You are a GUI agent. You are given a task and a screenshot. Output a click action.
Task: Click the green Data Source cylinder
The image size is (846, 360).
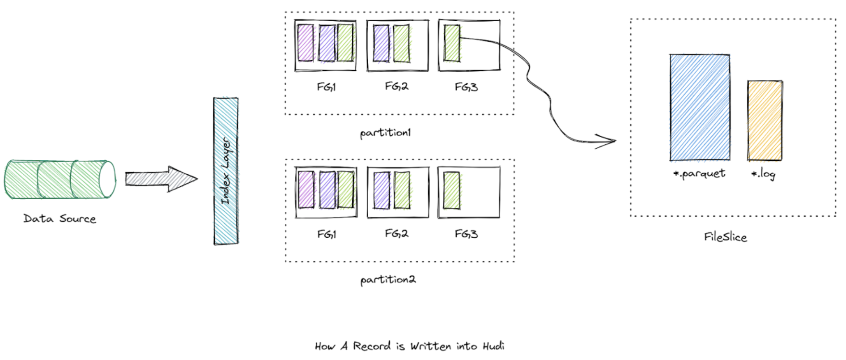(60, 180)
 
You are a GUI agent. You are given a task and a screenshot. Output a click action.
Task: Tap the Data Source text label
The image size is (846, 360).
(60, 219)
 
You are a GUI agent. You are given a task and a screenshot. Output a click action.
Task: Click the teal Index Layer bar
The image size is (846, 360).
(226, 171)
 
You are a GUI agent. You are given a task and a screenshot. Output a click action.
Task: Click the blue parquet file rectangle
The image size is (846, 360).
(700, 107)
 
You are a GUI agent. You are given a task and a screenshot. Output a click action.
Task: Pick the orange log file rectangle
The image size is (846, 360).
(765, 120)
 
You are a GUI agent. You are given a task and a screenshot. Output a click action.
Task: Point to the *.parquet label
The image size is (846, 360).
(699, 174)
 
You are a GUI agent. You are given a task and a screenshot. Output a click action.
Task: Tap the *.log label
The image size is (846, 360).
(763, 174)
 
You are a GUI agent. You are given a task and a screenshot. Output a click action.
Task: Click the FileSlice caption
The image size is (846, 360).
(725, 237)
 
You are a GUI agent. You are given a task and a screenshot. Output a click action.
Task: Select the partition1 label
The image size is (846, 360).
(385, 132)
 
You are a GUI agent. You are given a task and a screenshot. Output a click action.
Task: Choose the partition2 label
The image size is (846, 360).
(388, 280)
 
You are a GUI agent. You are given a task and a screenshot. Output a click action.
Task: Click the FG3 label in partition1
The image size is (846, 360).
(466, 87)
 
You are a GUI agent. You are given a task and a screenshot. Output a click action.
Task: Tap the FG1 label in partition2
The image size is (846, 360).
(326, 234)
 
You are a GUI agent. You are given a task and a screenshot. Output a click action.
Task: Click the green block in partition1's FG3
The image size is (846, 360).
(452, 43)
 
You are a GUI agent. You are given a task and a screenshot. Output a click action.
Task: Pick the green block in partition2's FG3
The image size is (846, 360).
(451, 191)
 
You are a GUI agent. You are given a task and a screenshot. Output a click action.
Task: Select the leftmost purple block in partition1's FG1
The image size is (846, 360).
(305, 43)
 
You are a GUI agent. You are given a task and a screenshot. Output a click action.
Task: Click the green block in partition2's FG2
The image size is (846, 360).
(402, 191)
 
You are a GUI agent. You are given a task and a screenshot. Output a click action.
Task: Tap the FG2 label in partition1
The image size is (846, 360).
(397, 87)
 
